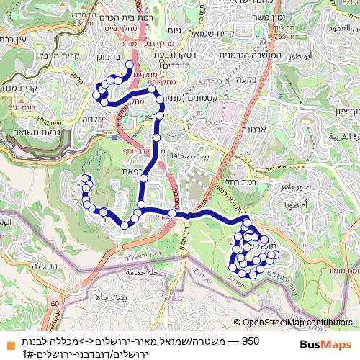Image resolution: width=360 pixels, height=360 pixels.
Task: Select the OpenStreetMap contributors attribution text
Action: coord(298,323)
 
